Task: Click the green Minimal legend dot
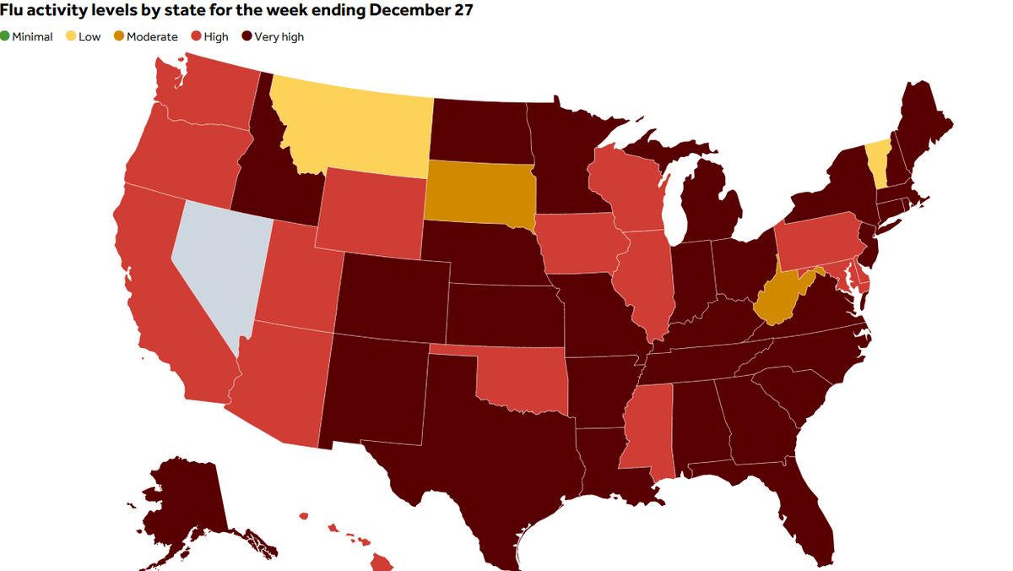[x=5, y=36]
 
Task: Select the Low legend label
[x=89, y=36]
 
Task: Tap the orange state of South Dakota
[x=477, y=190]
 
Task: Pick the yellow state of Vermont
[x=878, y=163]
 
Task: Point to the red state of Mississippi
[x=646, y=427]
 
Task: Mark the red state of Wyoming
[x=371, y=211]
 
